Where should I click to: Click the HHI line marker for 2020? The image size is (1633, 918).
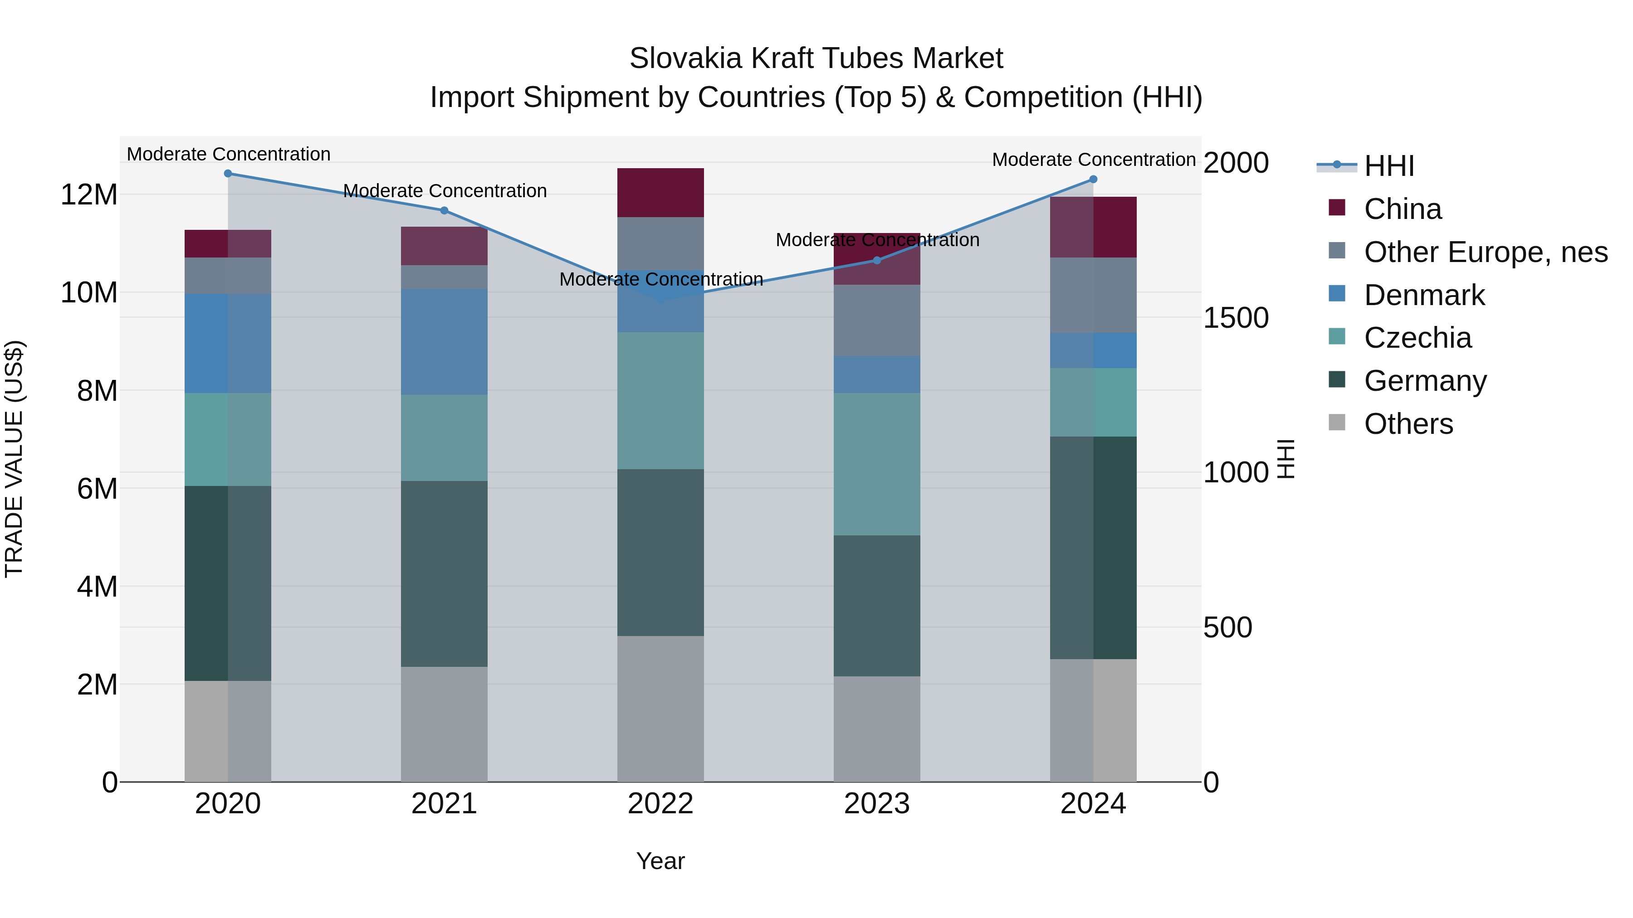(228, 174)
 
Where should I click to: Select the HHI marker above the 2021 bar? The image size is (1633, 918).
(445, 210)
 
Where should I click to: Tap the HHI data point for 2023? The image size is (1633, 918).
(877, 260)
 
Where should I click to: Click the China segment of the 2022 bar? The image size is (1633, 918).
(660, 193)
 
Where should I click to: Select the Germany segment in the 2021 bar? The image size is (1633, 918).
(445, 573)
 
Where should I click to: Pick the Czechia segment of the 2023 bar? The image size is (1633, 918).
(877, 464)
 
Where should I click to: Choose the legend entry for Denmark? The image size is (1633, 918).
(1424, 295)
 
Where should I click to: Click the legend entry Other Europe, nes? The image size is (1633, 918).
(1485, 252)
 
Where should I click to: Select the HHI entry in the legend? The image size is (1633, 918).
(1389, 166)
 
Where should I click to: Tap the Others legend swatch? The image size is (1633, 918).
(1337, 423)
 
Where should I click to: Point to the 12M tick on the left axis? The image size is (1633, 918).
(89, 194)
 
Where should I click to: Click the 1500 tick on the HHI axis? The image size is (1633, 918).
(1236, 318)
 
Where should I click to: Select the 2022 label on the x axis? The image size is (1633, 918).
(660, 804)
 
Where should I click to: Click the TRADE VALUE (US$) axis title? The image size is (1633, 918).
(15, 459)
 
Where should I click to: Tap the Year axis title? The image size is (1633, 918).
(660, 861)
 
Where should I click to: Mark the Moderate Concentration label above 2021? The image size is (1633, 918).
(445, 191)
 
